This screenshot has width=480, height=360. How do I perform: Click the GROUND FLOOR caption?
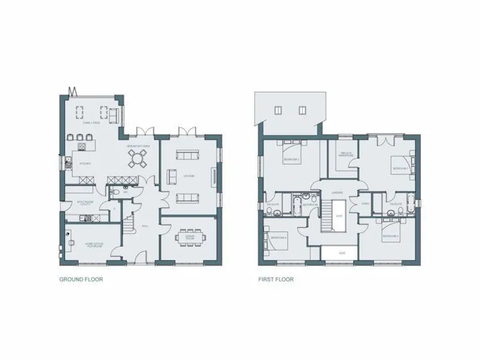click(x=81, y=279)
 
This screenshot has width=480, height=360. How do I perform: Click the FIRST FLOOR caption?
click(x=276, y=279)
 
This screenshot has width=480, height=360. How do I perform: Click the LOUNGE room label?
click(x=188, y=176)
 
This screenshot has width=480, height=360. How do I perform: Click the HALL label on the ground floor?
click(x=144, y=226)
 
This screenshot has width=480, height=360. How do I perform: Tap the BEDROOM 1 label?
click(x=399, y=168)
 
